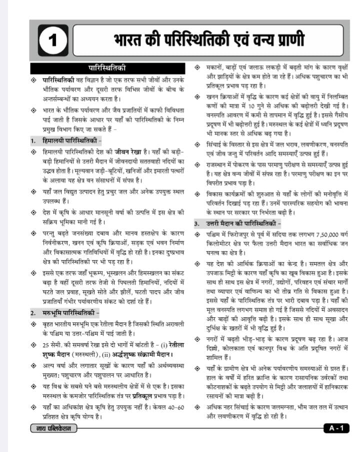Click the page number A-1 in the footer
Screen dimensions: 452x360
click(x=336, y=428)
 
